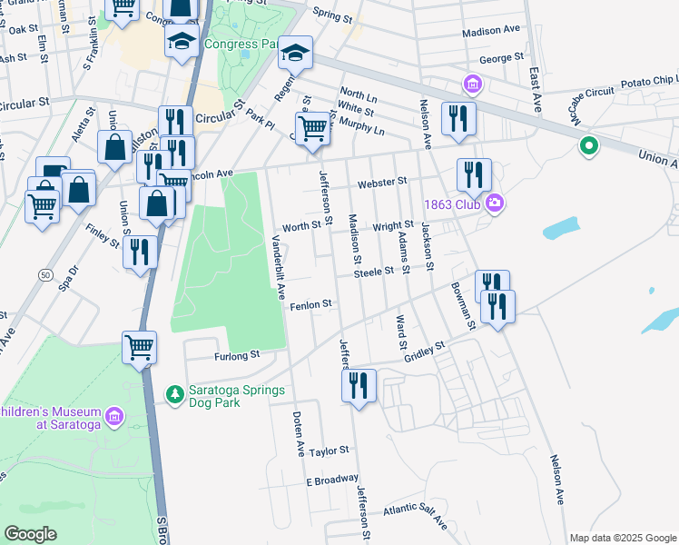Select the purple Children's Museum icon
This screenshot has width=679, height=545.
tap(113, 417)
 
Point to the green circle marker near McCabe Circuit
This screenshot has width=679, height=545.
tap(588, 145)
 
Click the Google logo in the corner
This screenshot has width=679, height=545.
tap(31, 533)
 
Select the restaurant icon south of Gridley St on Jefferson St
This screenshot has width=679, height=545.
tap(359, 385)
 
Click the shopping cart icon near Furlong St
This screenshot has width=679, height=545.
tap(140, 346)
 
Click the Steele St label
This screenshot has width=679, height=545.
tap(373, 271)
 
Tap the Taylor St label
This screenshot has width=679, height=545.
tap(329, 451)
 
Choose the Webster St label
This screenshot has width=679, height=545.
tap(381, 183)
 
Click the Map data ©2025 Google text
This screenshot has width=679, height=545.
tap(622, 538)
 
